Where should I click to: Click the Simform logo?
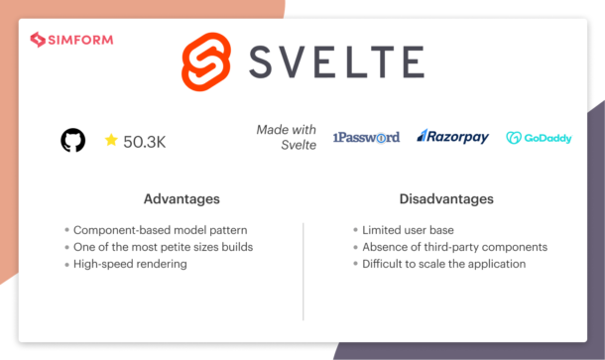(x=71, y=40)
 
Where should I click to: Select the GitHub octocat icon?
(x=72, y=141)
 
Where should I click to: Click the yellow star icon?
(x=111, y=141)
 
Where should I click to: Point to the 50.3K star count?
(x=145, y=142)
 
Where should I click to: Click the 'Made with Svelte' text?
(x=287, y=137)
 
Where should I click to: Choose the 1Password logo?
(x=366, y=137)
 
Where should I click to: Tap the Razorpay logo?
(x=453, y=137)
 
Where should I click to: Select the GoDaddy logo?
(x=539, y=138)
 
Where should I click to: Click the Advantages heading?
(x=181, y=199)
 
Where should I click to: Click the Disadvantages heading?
(x=439, y=199)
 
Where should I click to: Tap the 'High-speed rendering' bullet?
(x=134, y=264)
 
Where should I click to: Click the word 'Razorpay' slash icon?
(x=422, y=136)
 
